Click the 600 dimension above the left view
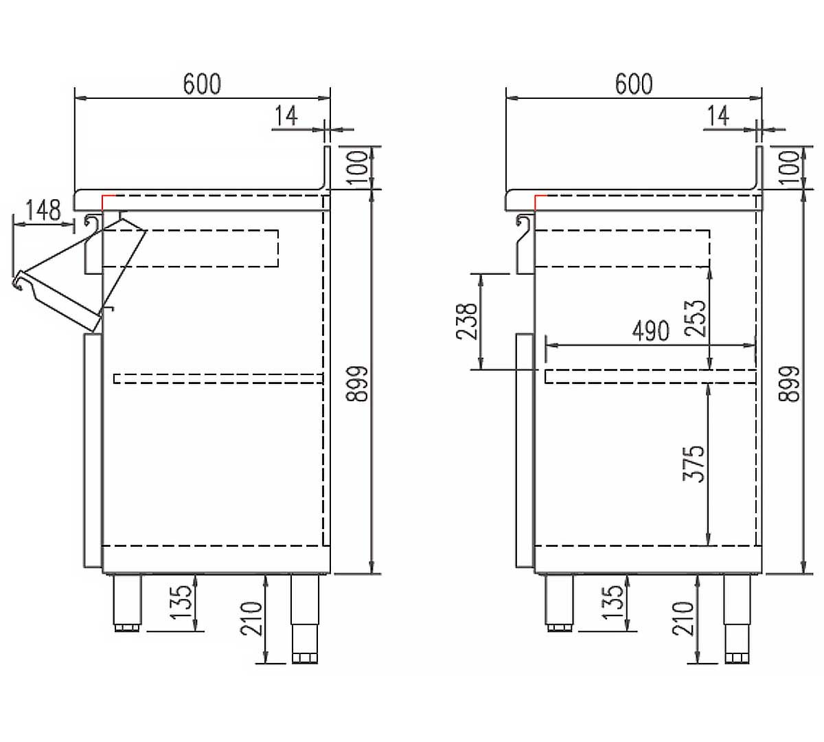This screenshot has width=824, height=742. pyautogui.click(x=202, y=84)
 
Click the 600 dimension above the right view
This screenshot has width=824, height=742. pyautogui.click(x=634, y=84)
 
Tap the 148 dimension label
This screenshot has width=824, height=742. pyautogui.click(x=43, y=210)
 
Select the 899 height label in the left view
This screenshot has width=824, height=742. pyautogui.click(x=357, y=383)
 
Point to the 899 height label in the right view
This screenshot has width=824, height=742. pyautogui.click(x=790, y=383)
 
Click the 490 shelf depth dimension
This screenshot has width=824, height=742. pyautogui.click(x=651, y=331)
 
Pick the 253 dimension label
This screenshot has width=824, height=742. pyautogui.click(x=696, y=318)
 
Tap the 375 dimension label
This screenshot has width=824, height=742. pyautogui.click(x=694, y=463)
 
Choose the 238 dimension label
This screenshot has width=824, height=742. pyautogui.click(x=467, y=322)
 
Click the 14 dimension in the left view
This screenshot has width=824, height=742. pyautogui.click(x=286, y=115)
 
